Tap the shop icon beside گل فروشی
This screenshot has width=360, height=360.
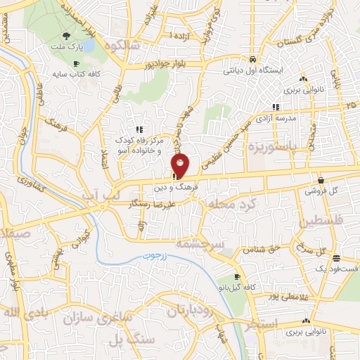321,179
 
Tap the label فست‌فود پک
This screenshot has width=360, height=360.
340,268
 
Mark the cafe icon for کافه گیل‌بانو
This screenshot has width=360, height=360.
238,276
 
